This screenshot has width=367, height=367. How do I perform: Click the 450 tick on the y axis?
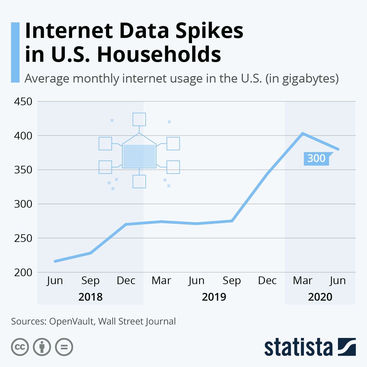coord(23,102)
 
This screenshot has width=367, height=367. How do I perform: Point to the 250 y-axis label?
coord(23,238)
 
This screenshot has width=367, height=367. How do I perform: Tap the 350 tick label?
coord(23,170)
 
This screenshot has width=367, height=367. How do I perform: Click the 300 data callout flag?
coord(316,158)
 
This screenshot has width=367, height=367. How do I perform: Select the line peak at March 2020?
coord(302,133)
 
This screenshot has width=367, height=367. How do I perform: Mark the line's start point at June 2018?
coord(55,261)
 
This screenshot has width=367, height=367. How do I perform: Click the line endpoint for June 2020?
coord(338,149)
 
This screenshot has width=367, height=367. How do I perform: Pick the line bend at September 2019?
coord(232,221)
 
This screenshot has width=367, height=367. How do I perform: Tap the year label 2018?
coord(90,297)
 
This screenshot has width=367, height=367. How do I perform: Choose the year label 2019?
coord(214,297)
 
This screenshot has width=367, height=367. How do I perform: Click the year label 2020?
coord(320,297)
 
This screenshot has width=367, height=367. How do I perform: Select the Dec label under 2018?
coord(126,280)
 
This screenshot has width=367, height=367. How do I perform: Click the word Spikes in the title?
coord(209,31)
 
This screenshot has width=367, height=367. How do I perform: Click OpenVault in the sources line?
coord(72,321)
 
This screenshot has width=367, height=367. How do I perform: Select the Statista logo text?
coord(298,348)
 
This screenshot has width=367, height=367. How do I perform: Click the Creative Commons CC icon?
coord(20,347)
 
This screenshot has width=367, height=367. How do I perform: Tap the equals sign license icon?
coord(64,347)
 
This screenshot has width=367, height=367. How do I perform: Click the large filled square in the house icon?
coord(139,156)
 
